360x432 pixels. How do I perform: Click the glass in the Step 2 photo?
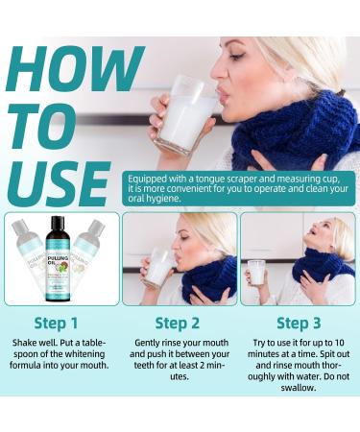pos(159,269)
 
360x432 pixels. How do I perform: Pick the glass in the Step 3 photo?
pos(256,273)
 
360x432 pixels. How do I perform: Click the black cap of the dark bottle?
pos(60,221)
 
